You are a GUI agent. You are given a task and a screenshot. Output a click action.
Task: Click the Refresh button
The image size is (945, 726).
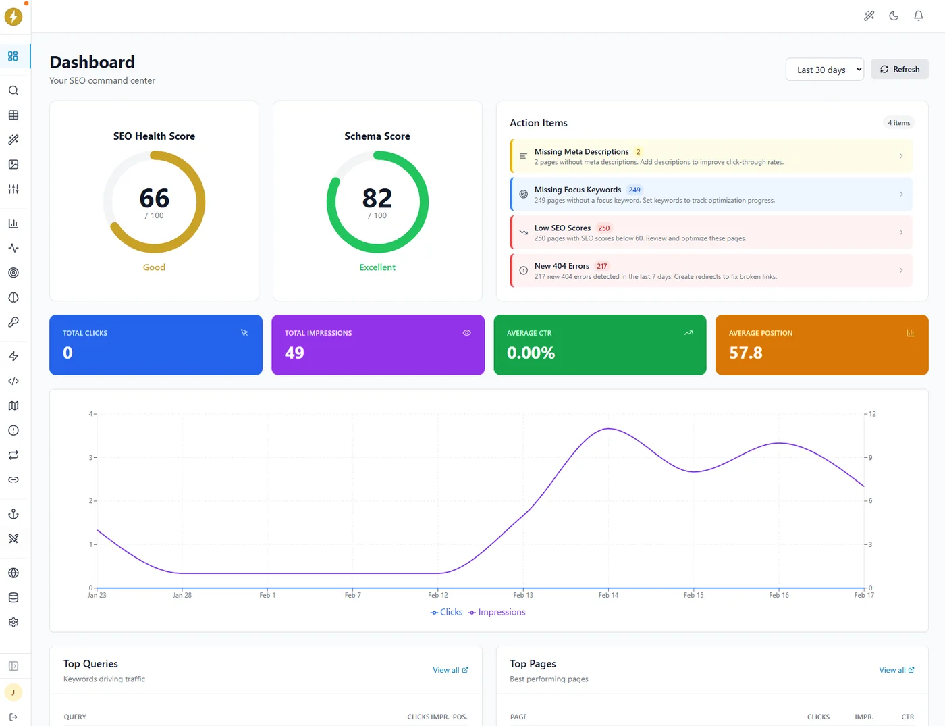click(x=900, y=69)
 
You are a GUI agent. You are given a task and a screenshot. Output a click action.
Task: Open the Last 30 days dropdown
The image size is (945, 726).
click(x=824, y=70)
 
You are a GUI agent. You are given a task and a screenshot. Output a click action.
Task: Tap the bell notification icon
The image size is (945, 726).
click(x=918, y=16)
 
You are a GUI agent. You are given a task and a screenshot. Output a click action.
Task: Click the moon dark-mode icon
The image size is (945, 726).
click(x=894, y=16)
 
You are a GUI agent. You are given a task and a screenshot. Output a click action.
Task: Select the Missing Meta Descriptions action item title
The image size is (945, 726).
click(x=581, y=152)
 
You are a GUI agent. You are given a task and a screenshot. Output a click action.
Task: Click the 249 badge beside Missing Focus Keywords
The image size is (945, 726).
click(x=634, y=190)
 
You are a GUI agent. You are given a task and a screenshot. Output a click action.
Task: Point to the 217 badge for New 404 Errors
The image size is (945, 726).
click(x=601, y=267)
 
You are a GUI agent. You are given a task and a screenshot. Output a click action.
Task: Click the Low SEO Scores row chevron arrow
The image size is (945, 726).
click(x=900, y=232)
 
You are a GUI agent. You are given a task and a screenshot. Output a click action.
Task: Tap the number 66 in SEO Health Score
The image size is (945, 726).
click(x=154, y=199)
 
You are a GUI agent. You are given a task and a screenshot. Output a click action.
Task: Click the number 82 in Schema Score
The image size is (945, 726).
click(x=377, y=199)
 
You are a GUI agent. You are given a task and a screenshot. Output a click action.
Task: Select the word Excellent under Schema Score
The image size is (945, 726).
click(x=377, y=267)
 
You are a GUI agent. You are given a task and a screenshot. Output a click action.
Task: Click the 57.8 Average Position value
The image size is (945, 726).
click(x=745, y=353)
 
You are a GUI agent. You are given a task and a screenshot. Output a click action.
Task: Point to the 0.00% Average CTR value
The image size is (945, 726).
click(x=531, y=353)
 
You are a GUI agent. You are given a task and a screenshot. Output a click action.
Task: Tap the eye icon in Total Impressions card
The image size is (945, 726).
click(x=466, y=333)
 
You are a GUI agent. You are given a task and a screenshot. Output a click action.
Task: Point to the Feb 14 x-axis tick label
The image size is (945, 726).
click(x=608, y=595)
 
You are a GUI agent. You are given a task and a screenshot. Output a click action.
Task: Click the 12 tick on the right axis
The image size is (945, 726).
click(x=872, y=414)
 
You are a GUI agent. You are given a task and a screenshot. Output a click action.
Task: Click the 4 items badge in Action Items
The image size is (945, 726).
click(x=898, y=123)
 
